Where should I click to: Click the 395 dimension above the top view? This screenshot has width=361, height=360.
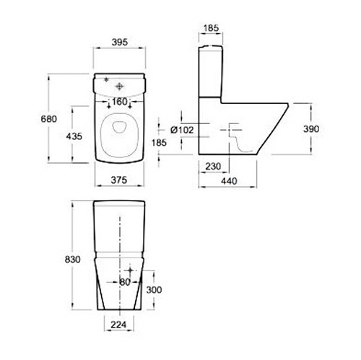pyautogui.click(x=120, y=43)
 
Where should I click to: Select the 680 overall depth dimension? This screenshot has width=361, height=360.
pyautogui.click(x=49, y=119)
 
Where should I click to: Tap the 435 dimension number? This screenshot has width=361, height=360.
pyautogui.click(x=74, y=136)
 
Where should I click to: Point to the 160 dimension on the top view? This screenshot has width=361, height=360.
pyautogui.click(x=120, y=102)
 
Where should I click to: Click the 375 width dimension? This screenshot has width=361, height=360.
pyautogui.click(x=119, y=180)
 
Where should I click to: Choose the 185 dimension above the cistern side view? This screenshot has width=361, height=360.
pyautogui.click(x=211, y=28)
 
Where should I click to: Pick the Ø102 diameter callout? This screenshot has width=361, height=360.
pyautogui.click(x=182, y=130)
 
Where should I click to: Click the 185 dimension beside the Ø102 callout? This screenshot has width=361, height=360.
pyautogui.click(x=159, y=143)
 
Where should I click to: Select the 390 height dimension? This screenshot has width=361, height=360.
pyautogui.click(x=311, y=129)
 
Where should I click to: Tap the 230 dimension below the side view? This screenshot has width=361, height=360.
pyautogui.click(x=213, y=166)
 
